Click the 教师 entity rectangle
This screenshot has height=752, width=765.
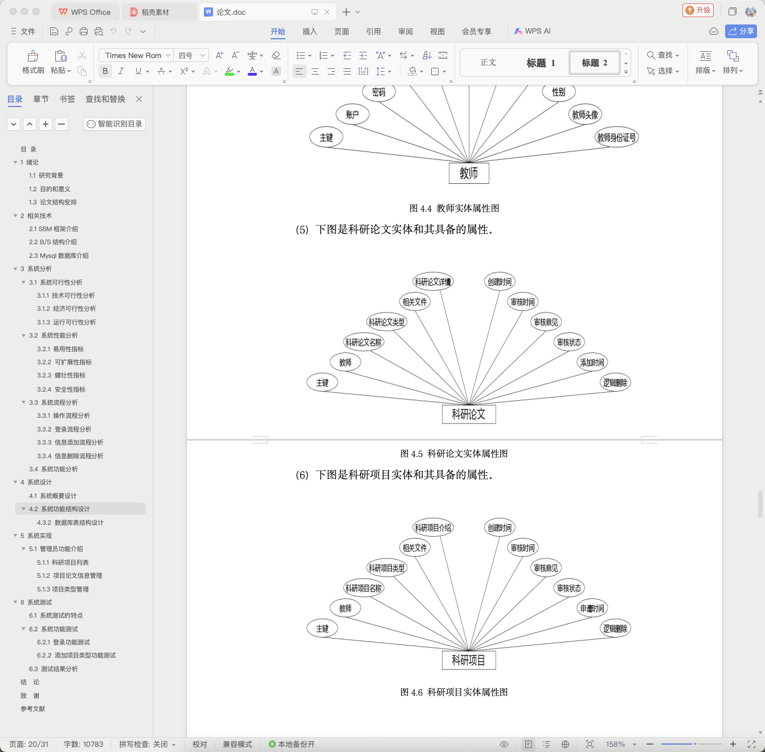(468, 173)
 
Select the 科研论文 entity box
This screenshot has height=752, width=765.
(468, 414)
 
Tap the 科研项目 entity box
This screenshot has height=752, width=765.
(468, 660)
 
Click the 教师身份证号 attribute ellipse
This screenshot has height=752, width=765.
(616, 137)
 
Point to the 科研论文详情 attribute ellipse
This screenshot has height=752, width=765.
(433, 282)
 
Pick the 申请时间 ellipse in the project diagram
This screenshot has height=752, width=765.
(592, 609)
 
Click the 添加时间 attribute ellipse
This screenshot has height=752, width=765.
(592, 362)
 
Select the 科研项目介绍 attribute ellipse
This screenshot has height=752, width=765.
(433, 528)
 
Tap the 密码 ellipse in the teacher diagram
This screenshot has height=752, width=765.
(379, 92)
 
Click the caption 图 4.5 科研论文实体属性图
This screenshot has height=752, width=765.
(454, 454)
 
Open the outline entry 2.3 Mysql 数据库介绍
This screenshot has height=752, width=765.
(59, 256)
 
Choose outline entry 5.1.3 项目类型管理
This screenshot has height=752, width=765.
(63, 589)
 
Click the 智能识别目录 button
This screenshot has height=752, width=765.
(114, 124)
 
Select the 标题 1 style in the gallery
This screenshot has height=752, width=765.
(541, 63)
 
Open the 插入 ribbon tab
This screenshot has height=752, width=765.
(310, 31)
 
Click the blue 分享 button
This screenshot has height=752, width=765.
(741, 31)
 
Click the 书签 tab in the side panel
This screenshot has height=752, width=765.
(67, 99)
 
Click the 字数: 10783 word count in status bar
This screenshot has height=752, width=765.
(83, 744)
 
